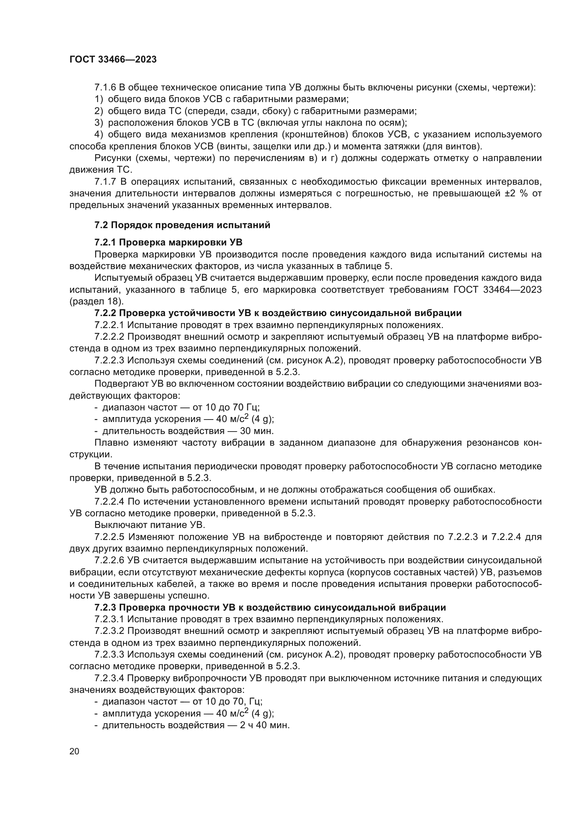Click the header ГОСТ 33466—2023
point(113,60)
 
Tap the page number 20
point(74,751)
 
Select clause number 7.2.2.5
point(109,537)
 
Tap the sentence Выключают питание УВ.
point(150,525)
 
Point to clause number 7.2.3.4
point(109,678)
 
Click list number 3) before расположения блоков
point(99,123)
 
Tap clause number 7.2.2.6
point(109,560)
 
